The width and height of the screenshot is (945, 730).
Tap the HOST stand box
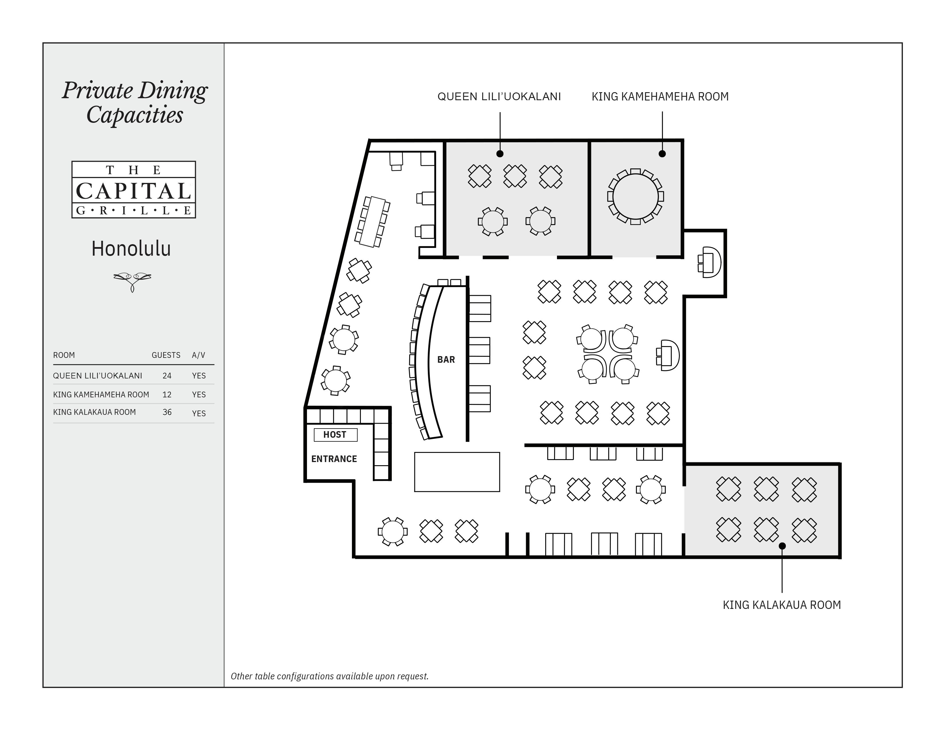pyautogui.click(x=335, y=435)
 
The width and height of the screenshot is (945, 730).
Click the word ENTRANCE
pyautogui.click(x=334, y=459)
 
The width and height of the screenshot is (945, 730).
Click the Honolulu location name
pyautogui.click(x=131, y=249)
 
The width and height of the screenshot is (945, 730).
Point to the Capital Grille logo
pyautogui.click(x=134, y=190)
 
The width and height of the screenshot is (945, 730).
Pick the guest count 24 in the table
pyautogui.click(x=167, y=376)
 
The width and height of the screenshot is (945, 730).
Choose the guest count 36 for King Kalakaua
pyautogui.click(x=167, y=412)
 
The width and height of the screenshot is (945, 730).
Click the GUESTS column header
pyautogui.click(x=166, y=355)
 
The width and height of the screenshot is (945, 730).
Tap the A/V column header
pyautogui.click(x=199, y=355)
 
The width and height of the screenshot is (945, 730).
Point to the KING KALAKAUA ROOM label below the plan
pyautogui.click(x=782, y=605)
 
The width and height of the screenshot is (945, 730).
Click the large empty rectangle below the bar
pyautogui.click(x=457, y=472)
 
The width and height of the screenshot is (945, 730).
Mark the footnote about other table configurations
pyautogui.click(x=330, y=676)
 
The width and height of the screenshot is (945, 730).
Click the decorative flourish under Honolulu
pyautogui.click(x=132, y=281)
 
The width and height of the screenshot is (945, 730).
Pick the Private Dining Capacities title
pyautogui.click(x=135, y=103)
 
